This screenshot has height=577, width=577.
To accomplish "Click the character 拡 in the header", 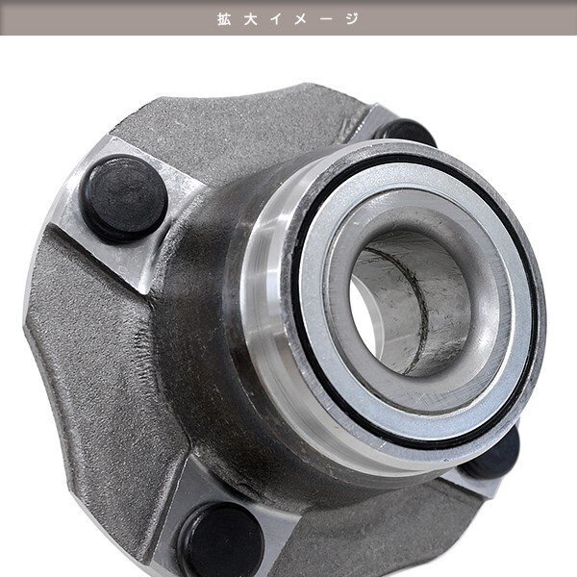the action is coord(224,19).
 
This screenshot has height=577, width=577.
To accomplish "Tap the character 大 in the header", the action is coord(251,19).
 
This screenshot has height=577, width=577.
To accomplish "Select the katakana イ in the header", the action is coord(276,19).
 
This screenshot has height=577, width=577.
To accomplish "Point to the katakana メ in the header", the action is coord(301,19).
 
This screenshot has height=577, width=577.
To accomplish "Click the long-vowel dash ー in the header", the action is coord(326,19).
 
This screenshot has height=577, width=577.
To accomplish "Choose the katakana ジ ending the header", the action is coord(352,19).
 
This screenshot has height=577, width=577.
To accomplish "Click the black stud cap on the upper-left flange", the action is coord(124,198).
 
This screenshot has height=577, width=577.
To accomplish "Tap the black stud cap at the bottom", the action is coord(221,540).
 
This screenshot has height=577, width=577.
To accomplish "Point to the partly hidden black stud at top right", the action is coord(407,131).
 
